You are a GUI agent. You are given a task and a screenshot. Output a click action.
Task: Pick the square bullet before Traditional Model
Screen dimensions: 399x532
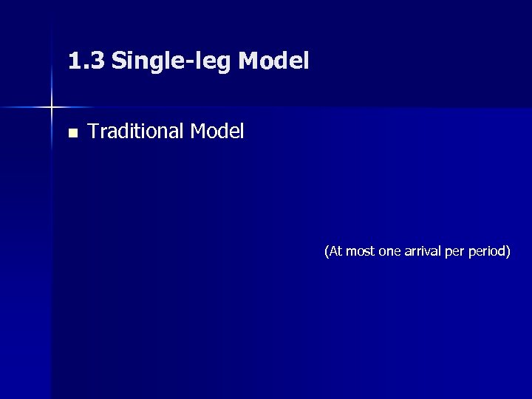(x=72, y=134)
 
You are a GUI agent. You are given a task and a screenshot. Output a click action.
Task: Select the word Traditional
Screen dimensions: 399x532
(x=135, y=132)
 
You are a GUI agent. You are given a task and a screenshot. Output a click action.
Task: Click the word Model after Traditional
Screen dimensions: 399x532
(x=216, y=132)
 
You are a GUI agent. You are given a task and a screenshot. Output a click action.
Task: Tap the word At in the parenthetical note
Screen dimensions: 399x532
(x=335, y=251)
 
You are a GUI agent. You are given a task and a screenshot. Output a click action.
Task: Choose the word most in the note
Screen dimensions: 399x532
(x=360, y=251)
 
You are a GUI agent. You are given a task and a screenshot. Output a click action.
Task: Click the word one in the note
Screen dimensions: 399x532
(x=389, y=252)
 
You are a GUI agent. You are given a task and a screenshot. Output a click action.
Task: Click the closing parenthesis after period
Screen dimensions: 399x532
(x=508, y=252)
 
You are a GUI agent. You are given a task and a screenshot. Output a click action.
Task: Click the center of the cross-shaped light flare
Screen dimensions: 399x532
(x=51, y=108)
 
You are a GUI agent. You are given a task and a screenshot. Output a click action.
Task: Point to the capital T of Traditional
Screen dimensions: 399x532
(x=92, y=132)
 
